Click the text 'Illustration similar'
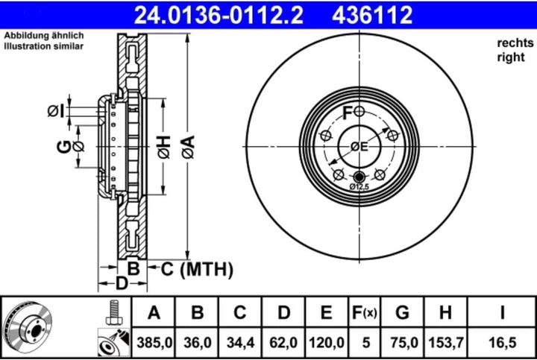(43, 46)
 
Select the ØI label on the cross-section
(55, 111)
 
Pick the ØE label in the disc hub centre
(359, 147)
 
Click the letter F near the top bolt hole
(347, 113)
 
